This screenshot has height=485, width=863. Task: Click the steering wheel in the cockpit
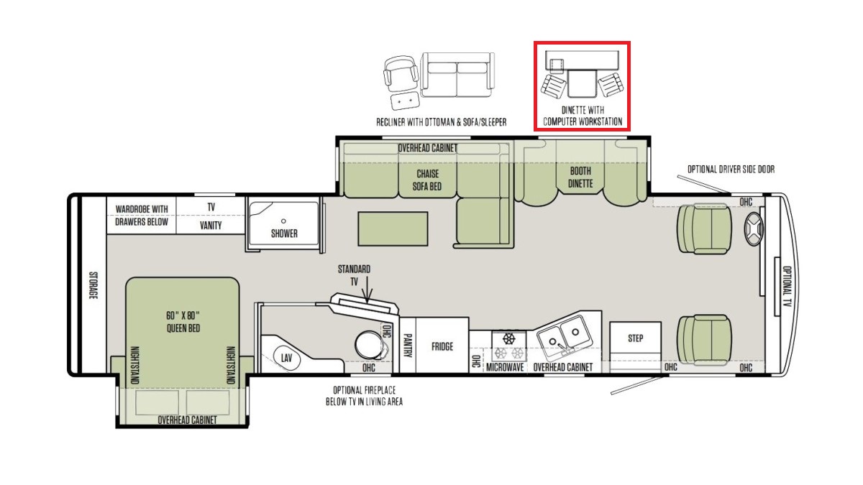753,229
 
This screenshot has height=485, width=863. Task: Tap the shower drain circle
283,221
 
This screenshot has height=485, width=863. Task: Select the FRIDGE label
442,347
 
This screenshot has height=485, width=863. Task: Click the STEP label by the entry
635,338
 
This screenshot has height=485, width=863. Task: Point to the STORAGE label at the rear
93,285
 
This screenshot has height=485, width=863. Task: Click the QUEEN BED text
183,328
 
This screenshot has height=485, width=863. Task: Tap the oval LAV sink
286,359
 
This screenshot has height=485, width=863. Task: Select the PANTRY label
407,346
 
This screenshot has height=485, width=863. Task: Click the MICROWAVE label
505,367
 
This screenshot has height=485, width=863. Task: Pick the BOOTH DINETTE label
580,177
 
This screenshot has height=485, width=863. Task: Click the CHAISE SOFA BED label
427,180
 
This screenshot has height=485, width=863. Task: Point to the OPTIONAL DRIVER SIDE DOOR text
731,170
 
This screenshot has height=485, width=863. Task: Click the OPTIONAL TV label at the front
787,286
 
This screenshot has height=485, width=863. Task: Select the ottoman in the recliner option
404,101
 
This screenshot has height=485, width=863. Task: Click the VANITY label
211,226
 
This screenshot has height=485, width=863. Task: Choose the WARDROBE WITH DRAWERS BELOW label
142,216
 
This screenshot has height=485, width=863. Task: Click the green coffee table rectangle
393,228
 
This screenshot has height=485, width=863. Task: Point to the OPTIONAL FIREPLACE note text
364,396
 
